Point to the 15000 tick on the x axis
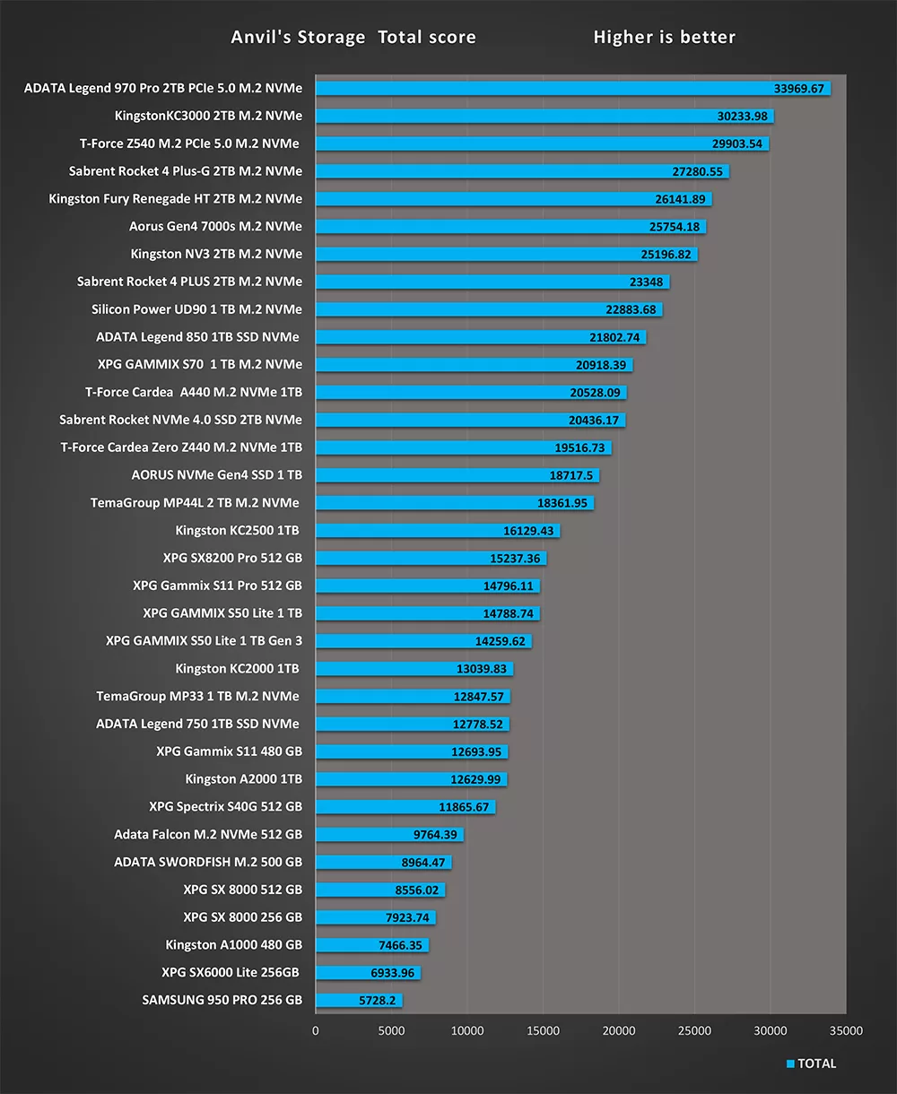click(x=543, y=1031)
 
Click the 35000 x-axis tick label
click(x=846, y=1031)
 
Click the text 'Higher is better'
click(x=664, y=38)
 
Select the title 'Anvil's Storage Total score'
click(x=353, y=38)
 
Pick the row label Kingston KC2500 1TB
click(x=237, y=531)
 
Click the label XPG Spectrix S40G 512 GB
click(x=225, y=807)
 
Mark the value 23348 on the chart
click(x=647, y=282)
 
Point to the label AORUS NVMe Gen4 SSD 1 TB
click(x=216, y=475)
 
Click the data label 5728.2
click(x=377, y=1001)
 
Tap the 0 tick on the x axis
click(x=316, y=1031)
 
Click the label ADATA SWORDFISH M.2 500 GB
click(x=208, y=863)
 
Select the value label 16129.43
click(x=528, y=531)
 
